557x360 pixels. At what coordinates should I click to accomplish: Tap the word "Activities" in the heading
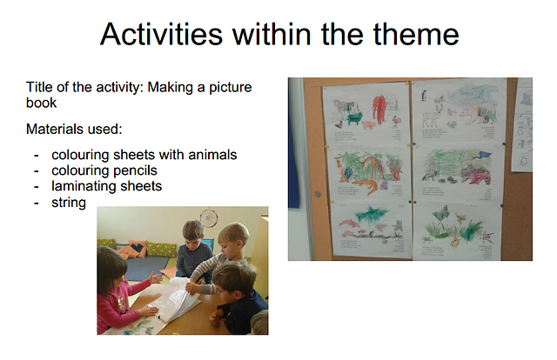[x=161, y=34]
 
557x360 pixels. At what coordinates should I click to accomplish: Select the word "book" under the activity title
[x=41, y=103]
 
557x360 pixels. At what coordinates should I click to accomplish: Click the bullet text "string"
[x=69, y=203]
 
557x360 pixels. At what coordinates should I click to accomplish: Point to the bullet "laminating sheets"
[x=106, y=186]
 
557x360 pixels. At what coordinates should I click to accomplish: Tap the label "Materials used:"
[x=74, y=129]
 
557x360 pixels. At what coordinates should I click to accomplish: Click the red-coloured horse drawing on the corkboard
[x=379, y=109]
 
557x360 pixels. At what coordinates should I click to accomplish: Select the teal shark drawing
[x=370, y=214]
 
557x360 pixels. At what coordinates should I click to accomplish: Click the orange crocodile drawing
[x=366, y=186]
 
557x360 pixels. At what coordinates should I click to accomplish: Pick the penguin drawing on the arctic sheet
[x=424, y=96]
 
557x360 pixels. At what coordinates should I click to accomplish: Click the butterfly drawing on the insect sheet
[x=443, y=212]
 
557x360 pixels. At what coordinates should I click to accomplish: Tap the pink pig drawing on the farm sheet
[x=367, y=125]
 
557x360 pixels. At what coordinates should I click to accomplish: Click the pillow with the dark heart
[x=136, y=248]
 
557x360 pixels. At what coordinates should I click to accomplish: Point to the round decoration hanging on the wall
[x=209, y=217]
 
